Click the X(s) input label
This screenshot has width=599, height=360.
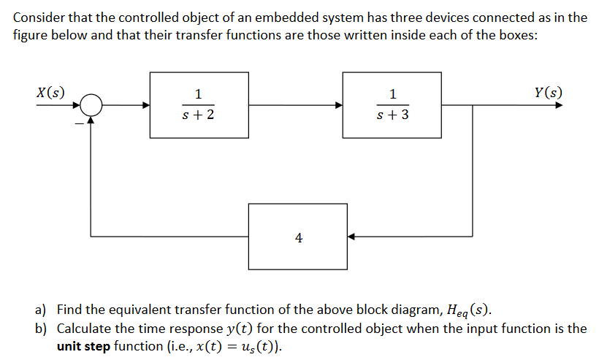pos(50,93)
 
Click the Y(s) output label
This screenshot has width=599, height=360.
pos(548,93)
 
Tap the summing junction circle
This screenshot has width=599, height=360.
pos(91,105)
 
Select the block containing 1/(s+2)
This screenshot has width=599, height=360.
pos(199,104)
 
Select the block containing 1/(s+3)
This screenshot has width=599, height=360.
pos(392,104)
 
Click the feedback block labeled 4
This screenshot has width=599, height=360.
pos(298,237)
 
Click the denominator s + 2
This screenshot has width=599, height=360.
pos(199,115)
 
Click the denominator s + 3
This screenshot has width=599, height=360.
pos(393,115)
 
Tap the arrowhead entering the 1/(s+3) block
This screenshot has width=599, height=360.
pos(338,105)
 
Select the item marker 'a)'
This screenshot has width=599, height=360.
pos(42,310)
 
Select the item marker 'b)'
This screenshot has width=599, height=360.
pos(42,329)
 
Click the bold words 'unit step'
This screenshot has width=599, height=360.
pos(83,346)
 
